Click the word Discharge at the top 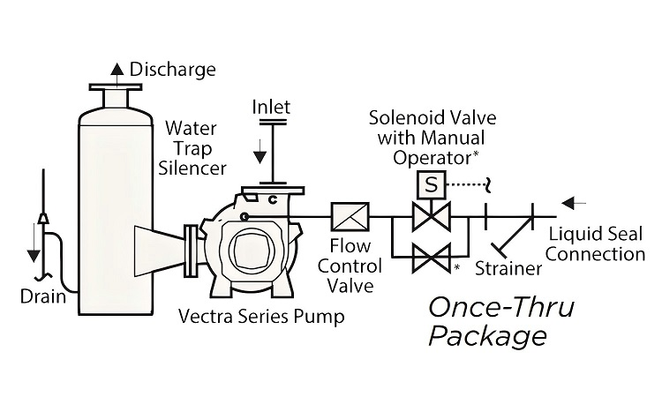[160, 69]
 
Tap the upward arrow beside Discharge [115, 67]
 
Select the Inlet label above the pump [271, 108]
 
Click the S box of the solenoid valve [430, 185]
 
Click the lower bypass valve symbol [430, 259]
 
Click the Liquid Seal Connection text [597, 244]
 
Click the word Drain [42, 296]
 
